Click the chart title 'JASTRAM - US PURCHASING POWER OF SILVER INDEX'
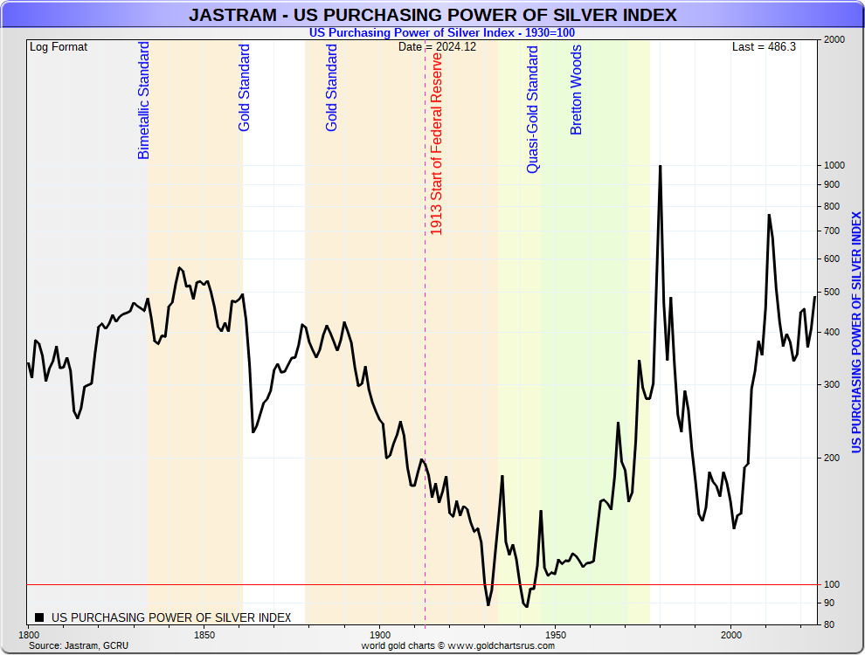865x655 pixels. pyautogui.click(x=432, y=16)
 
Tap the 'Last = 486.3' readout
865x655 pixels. pyautogui.click(x=764, y=47)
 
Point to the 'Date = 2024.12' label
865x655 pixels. pyautogui.click(x=437, y=47)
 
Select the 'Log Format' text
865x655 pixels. pyautogui.click(x=59, y=47)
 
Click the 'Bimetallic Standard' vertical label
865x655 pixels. pyautogui.click(x=144, y=100)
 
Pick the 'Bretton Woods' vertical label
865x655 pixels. pyautogui.click(x=576, y=90)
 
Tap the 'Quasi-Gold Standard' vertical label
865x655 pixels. pyautogui.click(x=533, y=109)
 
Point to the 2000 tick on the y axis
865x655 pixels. pyautogui.click(x=833, y=40)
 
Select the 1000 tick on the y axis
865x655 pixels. pyautogui.click(x=833, y=166)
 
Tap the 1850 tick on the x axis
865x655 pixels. pyautogui.click(x=204, y=635)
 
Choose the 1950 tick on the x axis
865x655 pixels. pyautogui.click(x=556, y=635)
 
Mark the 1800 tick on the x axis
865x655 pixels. pyautogui.click(x=29, y=635)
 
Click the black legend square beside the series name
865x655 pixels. pyautogui.click(x=38, y=617)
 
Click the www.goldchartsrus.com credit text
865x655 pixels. pyautogui.click(x=458, y=645)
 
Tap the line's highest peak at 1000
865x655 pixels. pyautogui.click(x=660, y=166)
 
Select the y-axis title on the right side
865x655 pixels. pyautogui.click(x=857, y=332)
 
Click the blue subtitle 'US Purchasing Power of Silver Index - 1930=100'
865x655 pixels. pyautogui.click(x=441, y=33)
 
